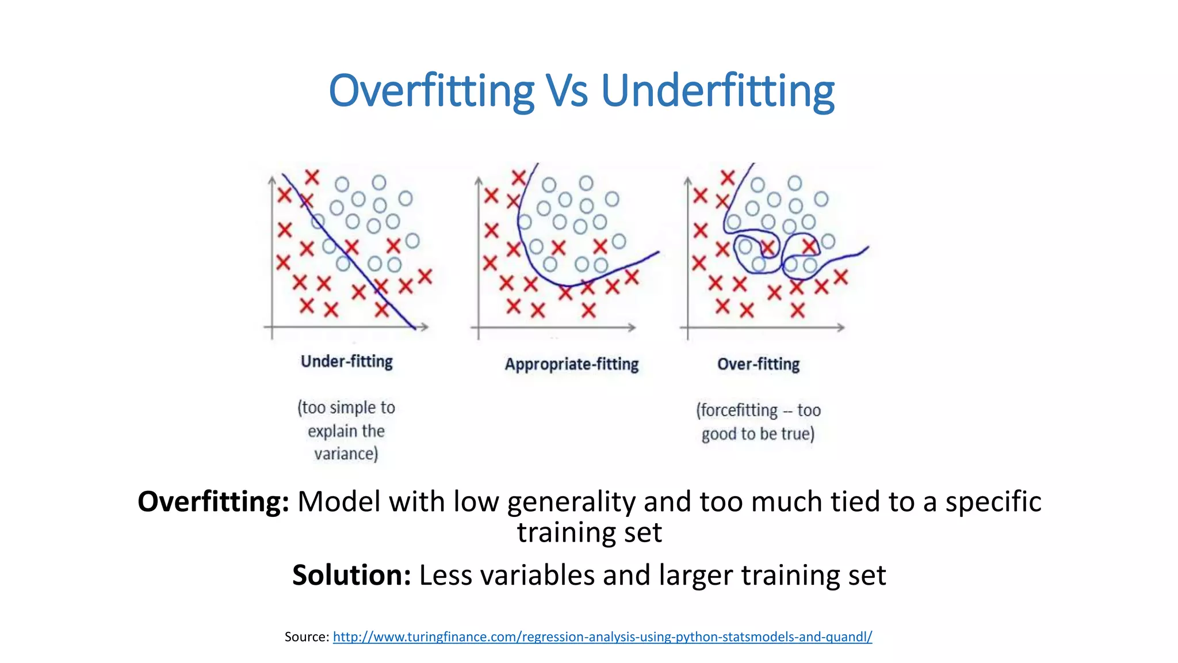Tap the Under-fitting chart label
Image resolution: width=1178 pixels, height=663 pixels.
(347, 361)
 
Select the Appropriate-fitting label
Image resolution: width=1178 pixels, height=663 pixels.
(572, 364)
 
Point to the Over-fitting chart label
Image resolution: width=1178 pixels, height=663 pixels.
(758, 364)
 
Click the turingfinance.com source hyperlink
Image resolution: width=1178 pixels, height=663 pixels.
(602, 637)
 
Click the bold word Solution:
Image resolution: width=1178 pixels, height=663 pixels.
(351, 575)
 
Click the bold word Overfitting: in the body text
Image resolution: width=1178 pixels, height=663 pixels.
(213, 501)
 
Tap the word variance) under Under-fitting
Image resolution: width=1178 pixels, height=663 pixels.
(346, 454)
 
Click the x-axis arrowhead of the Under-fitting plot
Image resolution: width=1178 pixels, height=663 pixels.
(425, 327)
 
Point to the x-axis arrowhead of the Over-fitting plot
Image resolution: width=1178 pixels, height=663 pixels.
(842, 327)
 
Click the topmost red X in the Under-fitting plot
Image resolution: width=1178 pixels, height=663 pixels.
(312, 177)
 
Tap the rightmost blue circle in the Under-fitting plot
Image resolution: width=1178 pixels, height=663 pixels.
(412, 241)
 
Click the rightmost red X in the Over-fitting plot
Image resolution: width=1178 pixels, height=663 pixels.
(841, 277)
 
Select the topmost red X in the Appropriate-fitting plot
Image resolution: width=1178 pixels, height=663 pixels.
(519, 177)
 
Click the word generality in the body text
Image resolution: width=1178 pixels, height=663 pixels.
(571, 501)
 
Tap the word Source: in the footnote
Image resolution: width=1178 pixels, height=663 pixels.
(307, 637)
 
